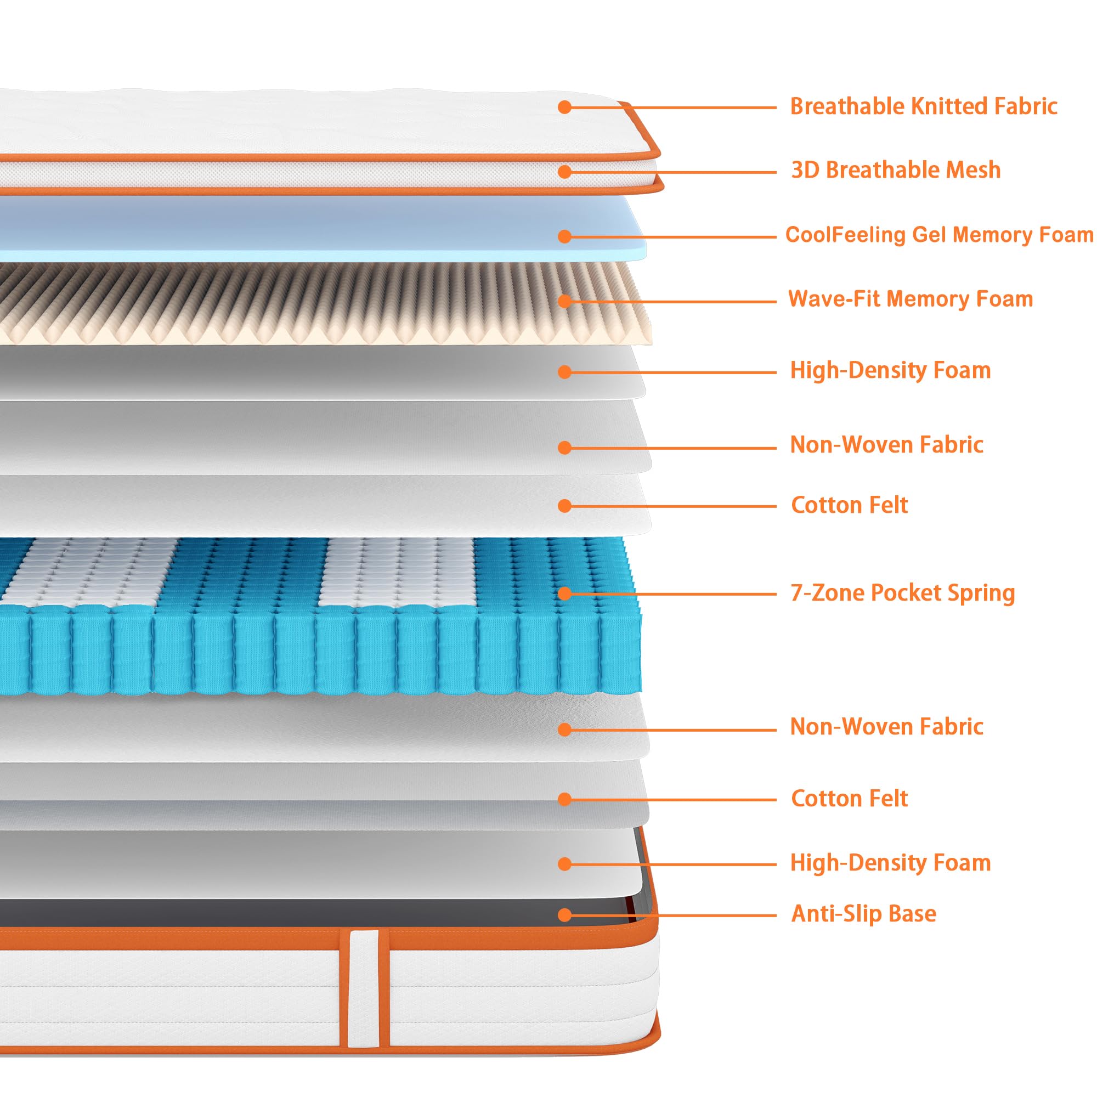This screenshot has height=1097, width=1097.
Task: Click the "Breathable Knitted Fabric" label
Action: [x=923, y=107]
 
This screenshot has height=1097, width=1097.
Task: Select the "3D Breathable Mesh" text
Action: [x=896, y=171]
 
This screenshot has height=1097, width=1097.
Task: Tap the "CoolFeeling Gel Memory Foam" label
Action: [x=939, y=235]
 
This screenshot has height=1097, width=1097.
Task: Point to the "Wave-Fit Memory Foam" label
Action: [x=910, y=299]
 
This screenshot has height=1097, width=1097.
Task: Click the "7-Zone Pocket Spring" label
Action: [x=902, y=593]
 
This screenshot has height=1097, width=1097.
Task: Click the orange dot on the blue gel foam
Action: [x=564, y=236]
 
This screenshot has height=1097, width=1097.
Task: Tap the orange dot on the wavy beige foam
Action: [x=564, y=301]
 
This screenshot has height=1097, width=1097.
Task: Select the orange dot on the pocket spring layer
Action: [x=564, y=593]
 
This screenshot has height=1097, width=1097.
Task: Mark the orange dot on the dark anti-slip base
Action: [x=564, y=915]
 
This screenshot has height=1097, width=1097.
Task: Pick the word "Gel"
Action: [x=930, y=235]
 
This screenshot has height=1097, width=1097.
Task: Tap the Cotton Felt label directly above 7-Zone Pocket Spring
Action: [x=849, y=505]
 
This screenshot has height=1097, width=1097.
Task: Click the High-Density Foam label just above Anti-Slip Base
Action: [x=890, y=863]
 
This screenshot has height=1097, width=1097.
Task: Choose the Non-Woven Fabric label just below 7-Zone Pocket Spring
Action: [x=886, y=727]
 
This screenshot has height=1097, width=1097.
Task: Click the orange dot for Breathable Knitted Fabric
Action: [x=564, y=107]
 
